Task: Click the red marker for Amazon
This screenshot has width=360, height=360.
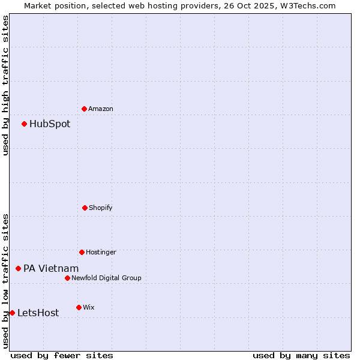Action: click(x=84, y=109)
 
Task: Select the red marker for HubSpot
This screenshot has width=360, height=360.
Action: click(x=24, y=124)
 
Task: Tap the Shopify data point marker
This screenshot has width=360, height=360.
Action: click(x=85, y=208)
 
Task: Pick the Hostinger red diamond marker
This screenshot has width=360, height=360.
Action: click(x=82, y=252)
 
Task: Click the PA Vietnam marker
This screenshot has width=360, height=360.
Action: click(x=18, y=268)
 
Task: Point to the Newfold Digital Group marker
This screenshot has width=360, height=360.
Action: click(x=67, y=278)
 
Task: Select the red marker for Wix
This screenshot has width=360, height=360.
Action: click(x=79, y=307)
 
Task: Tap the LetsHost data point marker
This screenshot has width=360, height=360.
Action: click(x=12, y=313)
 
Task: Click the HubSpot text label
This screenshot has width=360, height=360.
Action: click(x=50, y=124)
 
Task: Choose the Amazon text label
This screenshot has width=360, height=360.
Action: click(x=101, y=109)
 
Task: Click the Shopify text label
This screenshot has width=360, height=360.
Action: click(x=101, y=208)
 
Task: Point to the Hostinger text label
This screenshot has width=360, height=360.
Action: click(x=101, y=253)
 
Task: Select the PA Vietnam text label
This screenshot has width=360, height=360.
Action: click(x=51, y=269)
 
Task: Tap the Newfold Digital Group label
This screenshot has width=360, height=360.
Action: click(x=106, y=278)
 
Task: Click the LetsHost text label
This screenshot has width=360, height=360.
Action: click(x=38, y=313)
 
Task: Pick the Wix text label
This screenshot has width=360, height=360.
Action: click(x=89, y=308)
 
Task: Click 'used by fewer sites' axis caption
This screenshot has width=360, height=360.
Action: click(x=62, y=355)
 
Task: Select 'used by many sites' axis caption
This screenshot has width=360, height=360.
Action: click(x=301, y=355)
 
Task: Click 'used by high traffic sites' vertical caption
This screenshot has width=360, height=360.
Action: click(x=5, y=85)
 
